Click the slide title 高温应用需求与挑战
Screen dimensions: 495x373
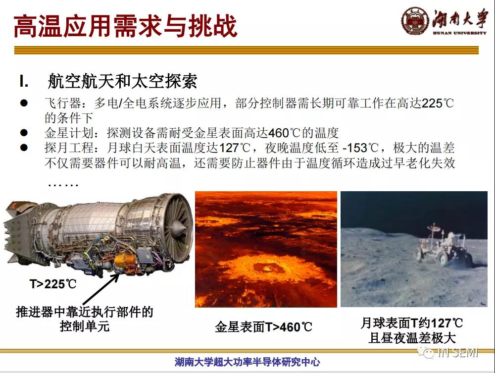(x=125, y=26)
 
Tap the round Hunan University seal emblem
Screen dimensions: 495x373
(x=415, y=20)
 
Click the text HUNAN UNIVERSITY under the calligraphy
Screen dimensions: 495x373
(x=459, y=33)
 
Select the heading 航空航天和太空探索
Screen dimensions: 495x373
(x=122, y=81)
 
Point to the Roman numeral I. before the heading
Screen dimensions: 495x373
(x=24, y=81)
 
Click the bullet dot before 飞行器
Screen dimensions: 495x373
(x=24, y=103)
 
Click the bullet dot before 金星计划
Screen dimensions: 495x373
(x=24, y=133)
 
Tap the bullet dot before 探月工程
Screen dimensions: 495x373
(x=24, y=148)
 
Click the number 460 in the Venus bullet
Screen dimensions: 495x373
(x=278, y=133)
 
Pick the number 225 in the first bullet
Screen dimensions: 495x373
(x=432, y=103)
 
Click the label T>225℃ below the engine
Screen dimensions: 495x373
(x=53, y=284)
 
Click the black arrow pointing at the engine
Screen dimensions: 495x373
(x=101, y=289)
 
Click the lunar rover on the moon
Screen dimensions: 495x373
(x=444, y=245)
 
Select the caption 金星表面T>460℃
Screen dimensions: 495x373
(x=263, y=327)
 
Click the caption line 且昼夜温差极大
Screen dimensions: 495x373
(x=412, y=338)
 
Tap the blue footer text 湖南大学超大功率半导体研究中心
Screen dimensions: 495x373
(x=247, y=362)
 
